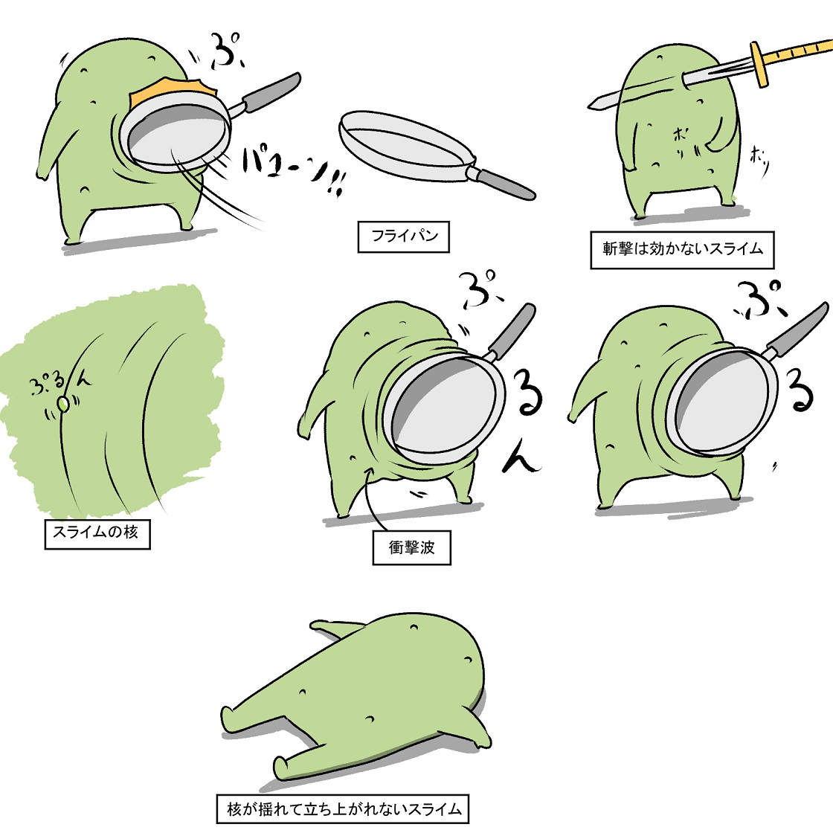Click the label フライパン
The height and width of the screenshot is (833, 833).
pyautogui.click(x=404, y=237)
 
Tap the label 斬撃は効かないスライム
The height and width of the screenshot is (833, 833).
pyautogui.click(x=682, y=249)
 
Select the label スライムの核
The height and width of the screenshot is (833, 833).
pyautogui.click(x=97, y=533)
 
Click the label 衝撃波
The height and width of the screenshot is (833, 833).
pyautogui.click(x=411, y=547)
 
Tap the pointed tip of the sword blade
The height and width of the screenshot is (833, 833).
pyautogui.click(x=591, y=105)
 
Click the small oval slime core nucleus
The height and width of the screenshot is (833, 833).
pyautogui.click(x=64, y=404)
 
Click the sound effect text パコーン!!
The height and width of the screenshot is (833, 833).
pyautogui.click(x=290, y=171)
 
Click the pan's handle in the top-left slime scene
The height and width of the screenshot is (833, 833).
pyautogui.click(x=271, y=93)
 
